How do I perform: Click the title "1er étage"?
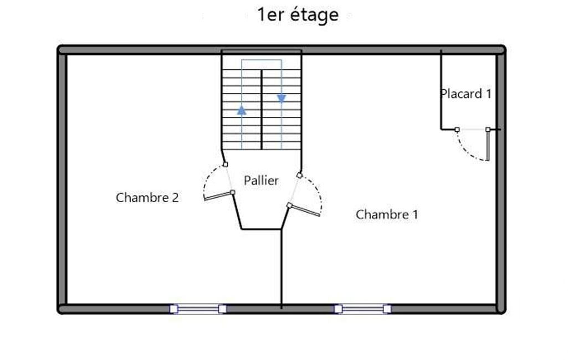pyautogui.click(x=298, y=15)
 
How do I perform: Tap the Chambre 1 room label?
pyautogui.click(x=387, y=214)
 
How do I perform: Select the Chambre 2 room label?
pyautogui.click(x=147, y=197)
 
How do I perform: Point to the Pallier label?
pyautogui.click(x=261, y=181)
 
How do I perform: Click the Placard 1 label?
pyautogui.click(x=466, y=94)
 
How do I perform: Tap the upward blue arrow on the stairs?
pyautogui.click(x=242, y=110)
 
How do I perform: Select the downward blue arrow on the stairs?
pyautogui.click(x=282, y=98)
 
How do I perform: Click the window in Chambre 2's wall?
pyautogui.click(x=198, y=309)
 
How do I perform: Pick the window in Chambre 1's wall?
pyautogui.click(x=362, y=309)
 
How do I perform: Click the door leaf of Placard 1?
pyautogui.click(x=488, y=145)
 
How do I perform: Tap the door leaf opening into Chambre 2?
pyautogui.click(x=218, y=196)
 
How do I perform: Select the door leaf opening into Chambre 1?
pyautogui.click(x=304, y=210)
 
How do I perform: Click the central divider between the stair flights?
pyautogui.click(x=262, y=109)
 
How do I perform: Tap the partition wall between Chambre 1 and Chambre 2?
pyautogui.click(x=282, y=269)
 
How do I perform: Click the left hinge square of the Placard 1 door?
pyautogui.click(x=457, y=129)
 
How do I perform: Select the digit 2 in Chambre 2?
pyautogui.click(x=175, y=198)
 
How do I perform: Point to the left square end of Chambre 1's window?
pyautogui.click(x=338, y=309)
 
